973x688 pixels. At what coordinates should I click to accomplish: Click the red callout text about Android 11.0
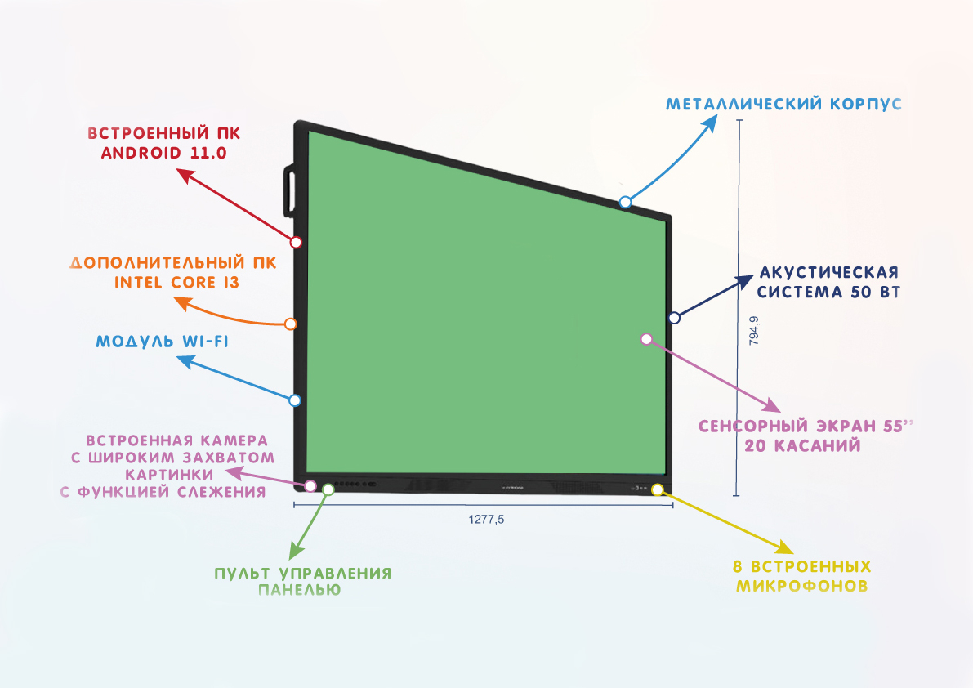163,142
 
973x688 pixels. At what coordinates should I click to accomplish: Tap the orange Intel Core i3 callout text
173,273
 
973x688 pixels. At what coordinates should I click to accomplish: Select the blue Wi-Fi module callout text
162,342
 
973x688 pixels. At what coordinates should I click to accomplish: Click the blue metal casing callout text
783,105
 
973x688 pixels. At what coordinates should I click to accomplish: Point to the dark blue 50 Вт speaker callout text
829,283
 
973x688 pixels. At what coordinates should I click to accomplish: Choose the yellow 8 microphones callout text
801,576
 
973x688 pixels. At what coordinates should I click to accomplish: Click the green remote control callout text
302,581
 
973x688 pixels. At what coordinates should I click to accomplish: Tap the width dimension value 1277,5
486,519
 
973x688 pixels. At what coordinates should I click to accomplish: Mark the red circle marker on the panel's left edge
297,242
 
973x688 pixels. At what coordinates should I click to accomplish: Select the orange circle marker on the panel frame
290,324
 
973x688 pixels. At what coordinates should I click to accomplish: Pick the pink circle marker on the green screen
646,338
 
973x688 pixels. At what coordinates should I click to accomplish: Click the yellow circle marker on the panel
658,489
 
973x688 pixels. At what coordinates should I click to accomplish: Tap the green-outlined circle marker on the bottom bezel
328,489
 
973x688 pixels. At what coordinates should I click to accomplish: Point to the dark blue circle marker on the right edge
674,317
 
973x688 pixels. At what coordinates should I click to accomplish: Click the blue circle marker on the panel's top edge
625,202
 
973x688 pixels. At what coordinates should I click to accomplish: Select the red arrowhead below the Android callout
185,175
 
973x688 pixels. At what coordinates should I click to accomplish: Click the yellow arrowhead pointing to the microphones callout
779,547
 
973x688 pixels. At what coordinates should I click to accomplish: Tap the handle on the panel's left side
290,190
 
